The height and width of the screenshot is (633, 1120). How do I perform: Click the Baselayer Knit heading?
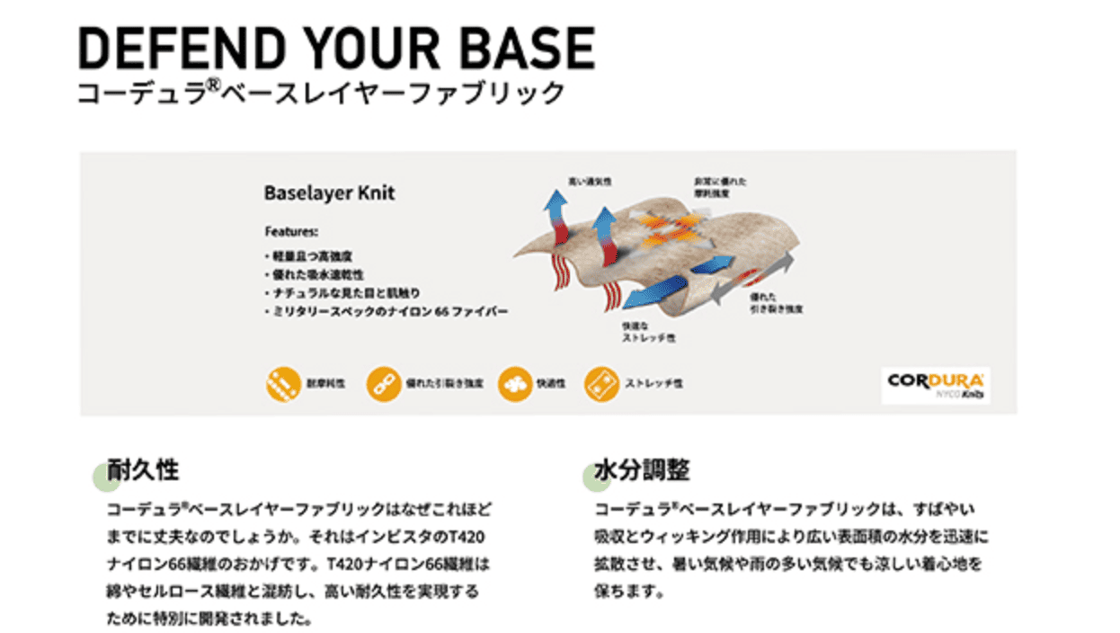(x=329, y=193)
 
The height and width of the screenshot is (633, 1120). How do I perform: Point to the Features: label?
(x=285, y=230)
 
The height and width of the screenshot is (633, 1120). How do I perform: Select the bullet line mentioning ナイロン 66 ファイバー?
(x=387, y=312)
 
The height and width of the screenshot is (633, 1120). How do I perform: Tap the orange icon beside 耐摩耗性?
(x=282, y=383)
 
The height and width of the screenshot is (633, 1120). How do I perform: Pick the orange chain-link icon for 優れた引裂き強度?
(x=384, y=383)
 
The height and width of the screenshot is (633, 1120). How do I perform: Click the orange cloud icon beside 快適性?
(x=514, y=383)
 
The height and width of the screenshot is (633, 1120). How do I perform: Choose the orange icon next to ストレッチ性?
(x=600, y=383)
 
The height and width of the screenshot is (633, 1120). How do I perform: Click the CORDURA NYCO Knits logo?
(x=936, y=385)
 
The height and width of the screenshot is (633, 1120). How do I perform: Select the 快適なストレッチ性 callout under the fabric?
(x=647, y=333)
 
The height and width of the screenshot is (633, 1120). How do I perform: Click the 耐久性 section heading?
(x=143, y=469)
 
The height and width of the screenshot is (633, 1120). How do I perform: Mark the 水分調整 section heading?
(x=642, y=469)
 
